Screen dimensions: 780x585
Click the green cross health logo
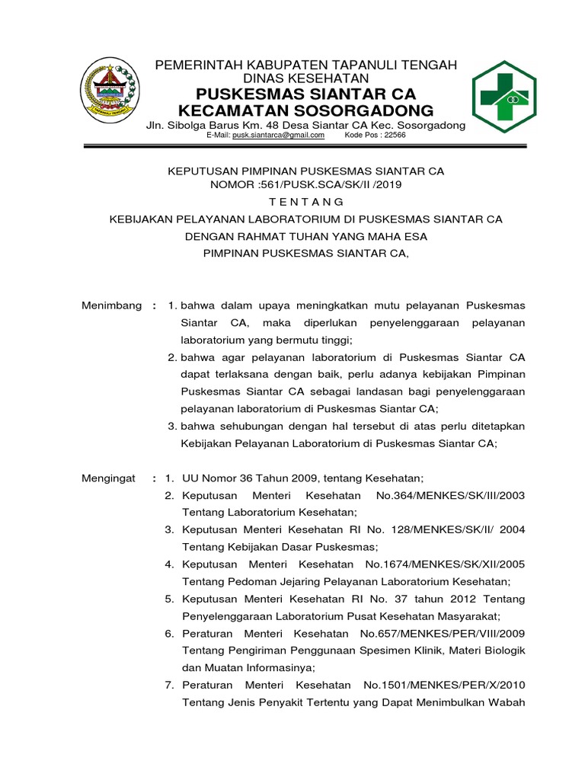[x=503, y=94]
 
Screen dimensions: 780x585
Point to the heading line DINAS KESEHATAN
[x=305, y=79]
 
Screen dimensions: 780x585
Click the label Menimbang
[x=111, y=305]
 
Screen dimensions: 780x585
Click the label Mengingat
[x=108, y=478]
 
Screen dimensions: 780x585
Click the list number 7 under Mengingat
[x=171, y=686]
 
